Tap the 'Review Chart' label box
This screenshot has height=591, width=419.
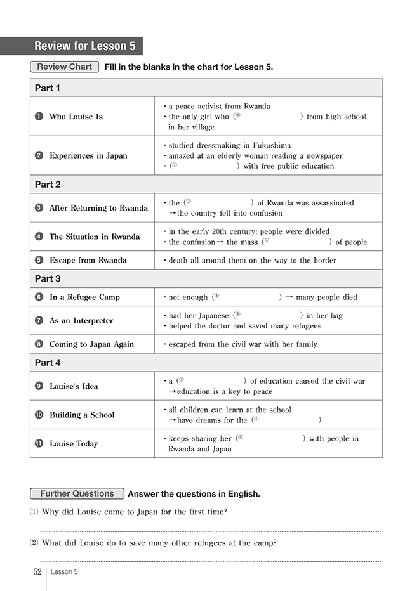64,67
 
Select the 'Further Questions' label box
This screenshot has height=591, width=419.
77,493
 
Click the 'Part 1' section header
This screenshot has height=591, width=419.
48,88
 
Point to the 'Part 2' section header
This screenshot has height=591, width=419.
48,185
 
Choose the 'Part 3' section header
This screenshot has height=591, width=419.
48,278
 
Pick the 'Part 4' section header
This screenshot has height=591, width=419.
48,363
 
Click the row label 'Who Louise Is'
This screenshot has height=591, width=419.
76,117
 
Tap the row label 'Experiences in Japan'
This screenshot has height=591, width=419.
88,155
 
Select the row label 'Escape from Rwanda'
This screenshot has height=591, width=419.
88,260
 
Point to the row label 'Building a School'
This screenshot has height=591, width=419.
82,415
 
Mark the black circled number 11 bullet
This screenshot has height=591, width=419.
39,444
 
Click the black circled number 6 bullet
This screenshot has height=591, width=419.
39,297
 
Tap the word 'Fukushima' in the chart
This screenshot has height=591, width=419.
269,145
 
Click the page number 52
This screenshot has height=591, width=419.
37,571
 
